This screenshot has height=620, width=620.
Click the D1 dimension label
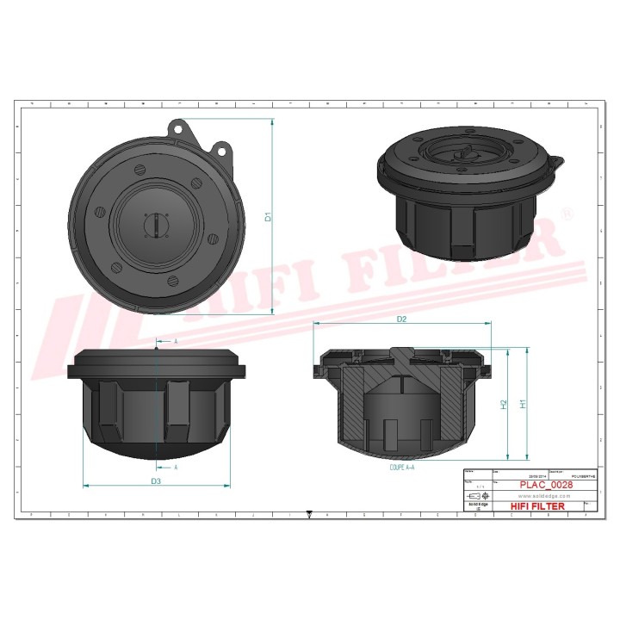pyautogui.click(x=269, y=217)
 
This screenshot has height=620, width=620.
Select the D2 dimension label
pyautogui.click(x=401, y=319)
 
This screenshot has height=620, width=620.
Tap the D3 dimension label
pyautogui.click(x=156, y=480)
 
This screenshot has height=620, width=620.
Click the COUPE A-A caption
pyautogui.click(x=402, y=466)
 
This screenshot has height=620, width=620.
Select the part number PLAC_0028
pyautogui.click(x=546, y=485)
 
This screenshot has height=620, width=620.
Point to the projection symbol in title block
pyautogui.click(x=476, y=497)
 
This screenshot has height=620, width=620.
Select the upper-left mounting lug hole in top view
pyautogui.click(x=179, y=128)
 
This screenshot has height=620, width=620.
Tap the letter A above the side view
pyautogui.click(x=176, y=342)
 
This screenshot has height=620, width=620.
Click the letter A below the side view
pyautogui.click(x=176, y=467)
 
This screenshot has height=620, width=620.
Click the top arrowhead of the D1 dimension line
pyautogui.click(x=273, y=121)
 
